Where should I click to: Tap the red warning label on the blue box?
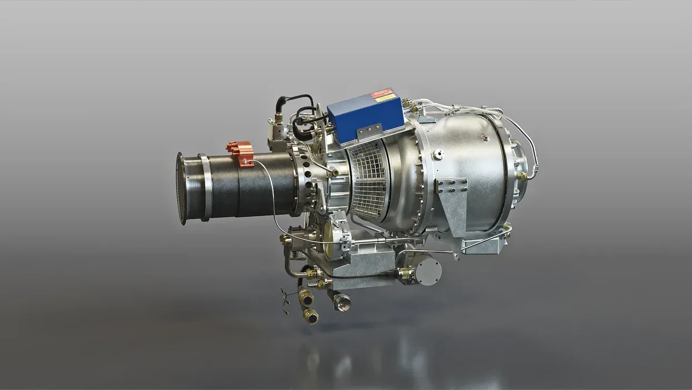[382, 93]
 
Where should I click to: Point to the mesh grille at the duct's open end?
[181, 188]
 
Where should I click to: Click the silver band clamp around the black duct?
[205, 187]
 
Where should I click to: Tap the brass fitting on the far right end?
[521, 177]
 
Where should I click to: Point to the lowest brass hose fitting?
[310, 316]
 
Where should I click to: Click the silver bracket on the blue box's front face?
[370, 131]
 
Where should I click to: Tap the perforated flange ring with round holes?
[305, 178]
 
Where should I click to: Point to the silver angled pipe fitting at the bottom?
[340, 301]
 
